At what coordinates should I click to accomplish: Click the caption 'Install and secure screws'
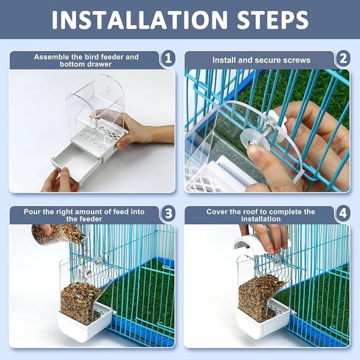[x=261, y=59]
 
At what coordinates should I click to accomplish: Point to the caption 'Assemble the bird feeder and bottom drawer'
[x=86, y=59]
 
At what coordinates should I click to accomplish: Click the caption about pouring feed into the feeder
[x=86, y=215]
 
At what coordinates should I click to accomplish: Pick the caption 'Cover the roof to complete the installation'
[x=260, y=215]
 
